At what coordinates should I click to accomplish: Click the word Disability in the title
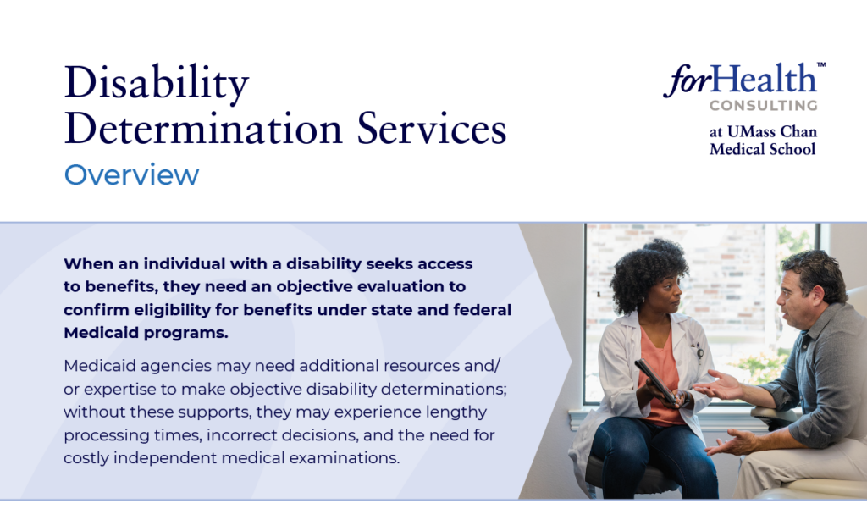[157, 84]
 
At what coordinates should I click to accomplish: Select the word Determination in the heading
[203, 129]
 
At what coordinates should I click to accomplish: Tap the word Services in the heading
[431, 129]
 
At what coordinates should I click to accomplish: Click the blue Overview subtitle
[131, 174]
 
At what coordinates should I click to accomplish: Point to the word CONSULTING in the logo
[764, 105]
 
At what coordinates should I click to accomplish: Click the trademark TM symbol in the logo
[821, 64]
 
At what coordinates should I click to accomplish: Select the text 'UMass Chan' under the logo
[772, 131]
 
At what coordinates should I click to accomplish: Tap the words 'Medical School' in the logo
[763, 149]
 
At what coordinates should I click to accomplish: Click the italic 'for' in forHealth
[688, 80]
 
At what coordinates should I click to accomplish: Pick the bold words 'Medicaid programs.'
[146, 333]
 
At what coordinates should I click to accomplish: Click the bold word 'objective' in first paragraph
[315, 286]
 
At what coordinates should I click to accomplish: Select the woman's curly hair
[647, 271]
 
